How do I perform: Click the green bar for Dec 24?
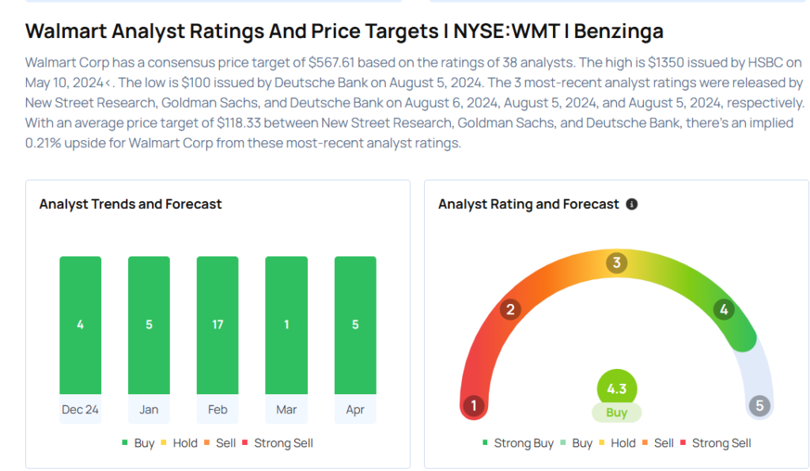click(x=80, y=325)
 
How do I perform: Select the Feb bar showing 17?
click(x=218, y=325)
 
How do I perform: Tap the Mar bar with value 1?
click(x=286, y=325)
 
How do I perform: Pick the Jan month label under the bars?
click(x=149, y=409)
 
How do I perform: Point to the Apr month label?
click(x=355, y=409)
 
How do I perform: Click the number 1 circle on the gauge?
click(x=474, y=406)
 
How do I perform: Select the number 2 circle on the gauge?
click(x=511, y=310)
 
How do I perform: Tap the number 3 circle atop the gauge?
click(x=617, y=263)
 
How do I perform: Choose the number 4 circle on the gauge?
click(x=723, y=310)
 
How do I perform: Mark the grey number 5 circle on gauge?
click(x=759, y=406)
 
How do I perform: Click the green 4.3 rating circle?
click(x=617, y=389)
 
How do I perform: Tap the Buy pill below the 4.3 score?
click(x=617, y=412)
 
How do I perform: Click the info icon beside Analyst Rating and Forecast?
click(x=631, y=204)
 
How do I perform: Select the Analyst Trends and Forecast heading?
click(x=131, y=204)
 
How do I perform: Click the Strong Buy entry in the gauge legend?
click(x=518, y=443)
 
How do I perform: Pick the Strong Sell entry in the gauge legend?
click(x=715, y=443)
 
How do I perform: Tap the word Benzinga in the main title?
click(x=619, y=32)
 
